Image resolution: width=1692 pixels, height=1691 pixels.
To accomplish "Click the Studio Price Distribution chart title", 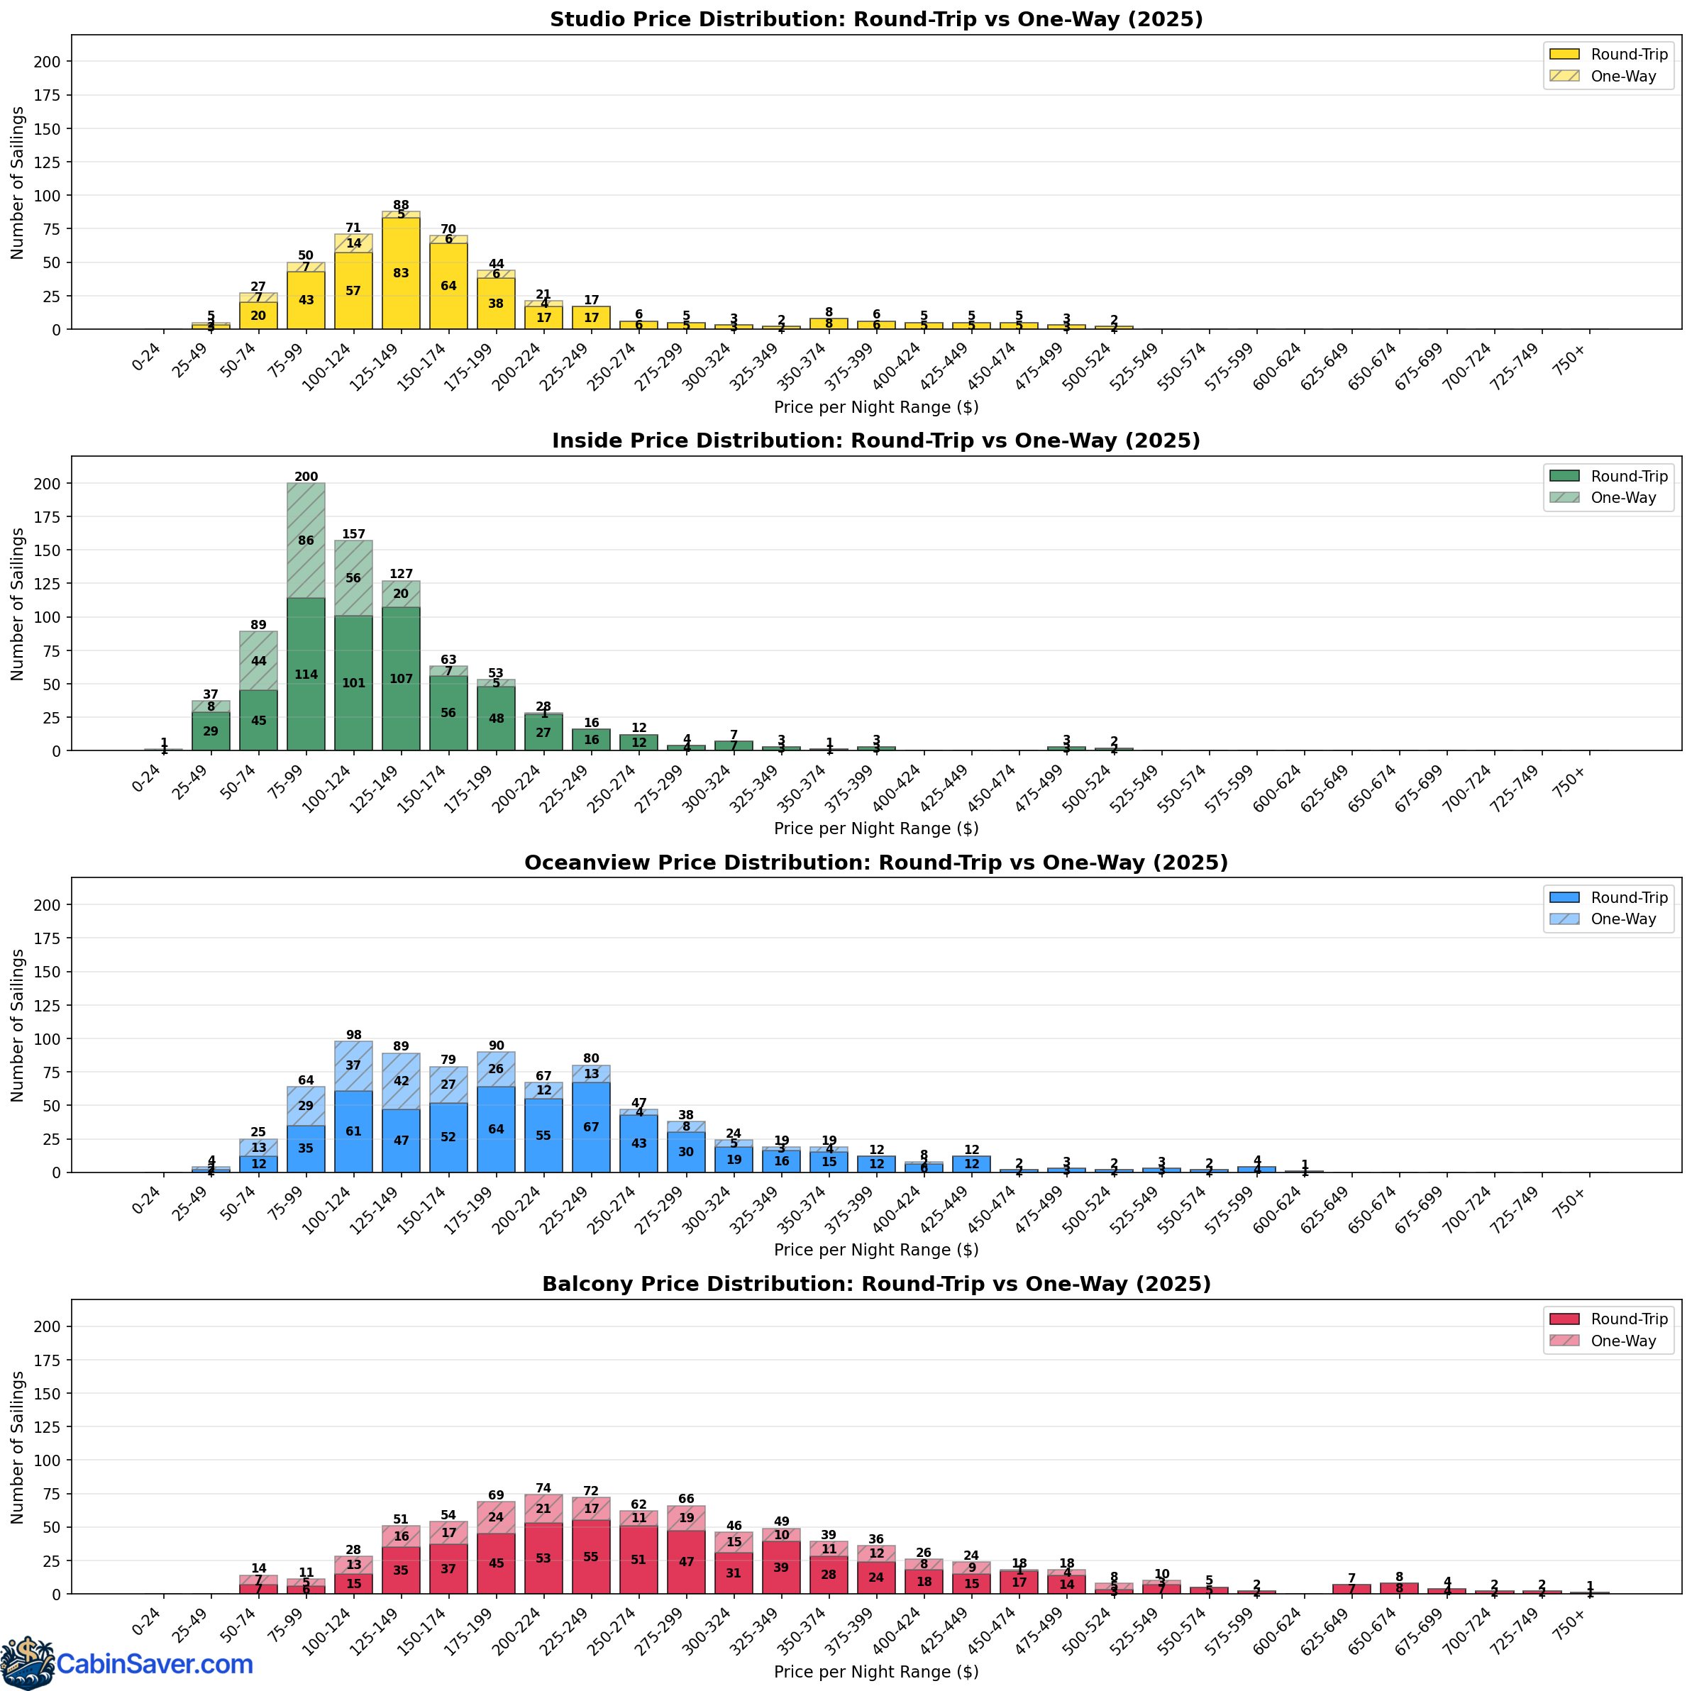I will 875,19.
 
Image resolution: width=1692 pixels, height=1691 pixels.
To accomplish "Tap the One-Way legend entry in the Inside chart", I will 1622,497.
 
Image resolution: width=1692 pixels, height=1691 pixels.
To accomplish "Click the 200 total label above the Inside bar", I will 306,477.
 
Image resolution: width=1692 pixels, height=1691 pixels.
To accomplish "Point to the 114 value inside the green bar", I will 306,675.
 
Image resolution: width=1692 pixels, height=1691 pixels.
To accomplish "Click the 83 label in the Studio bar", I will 401,273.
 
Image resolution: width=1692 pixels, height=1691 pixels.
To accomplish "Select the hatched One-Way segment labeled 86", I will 306,540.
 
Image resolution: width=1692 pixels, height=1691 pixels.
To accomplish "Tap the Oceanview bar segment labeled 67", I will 591,1127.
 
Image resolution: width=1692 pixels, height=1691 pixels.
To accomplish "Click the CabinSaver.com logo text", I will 154,1664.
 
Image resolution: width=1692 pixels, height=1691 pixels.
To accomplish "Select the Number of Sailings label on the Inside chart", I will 18,604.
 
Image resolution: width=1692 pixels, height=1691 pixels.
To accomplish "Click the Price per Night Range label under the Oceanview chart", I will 875,1250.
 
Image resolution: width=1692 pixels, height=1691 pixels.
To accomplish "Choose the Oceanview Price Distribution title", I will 875,863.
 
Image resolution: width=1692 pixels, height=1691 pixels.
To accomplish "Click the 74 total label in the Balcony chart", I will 543,1488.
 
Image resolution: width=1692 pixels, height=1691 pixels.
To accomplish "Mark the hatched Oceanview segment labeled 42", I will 401,1080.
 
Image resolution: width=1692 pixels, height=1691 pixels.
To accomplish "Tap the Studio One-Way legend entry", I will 1622,76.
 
